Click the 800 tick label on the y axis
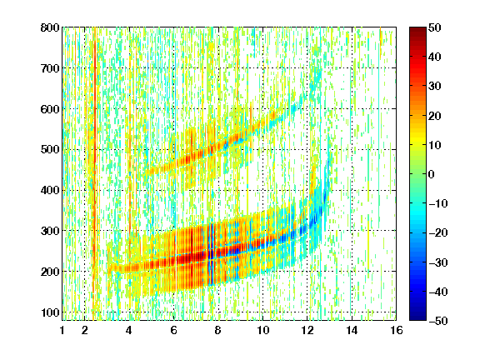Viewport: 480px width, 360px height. click(50, 27)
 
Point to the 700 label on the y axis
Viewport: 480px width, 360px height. click(50, 68)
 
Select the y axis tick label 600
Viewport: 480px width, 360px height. click(50, 109)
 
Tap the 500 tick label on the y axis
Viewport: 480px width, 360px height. click(50, 150)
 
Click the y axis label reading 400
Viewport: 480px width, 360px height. click(50, 190)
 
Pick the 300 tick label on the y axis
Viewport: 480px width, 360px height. click(50, 231)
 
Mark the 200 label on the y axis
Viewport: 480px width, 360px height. click(50, 272)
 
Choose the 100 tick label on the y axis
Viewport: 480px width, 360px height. click(50, 312)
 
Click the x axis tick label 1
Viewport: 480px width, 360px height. click(62, 330)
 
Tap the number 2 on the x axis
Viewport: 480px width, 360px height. click(85, 330)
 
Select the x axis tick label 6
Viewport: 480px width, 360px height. click(174, 330)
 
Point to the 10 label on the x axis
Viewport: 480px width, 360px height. click(263, 330)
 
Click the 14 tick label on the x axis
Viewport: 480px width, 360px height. click(352, 330)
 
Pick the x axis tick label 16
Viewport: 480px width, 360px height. click(397, 330)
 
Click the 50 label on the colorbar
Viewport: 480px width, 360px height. click(434, 27)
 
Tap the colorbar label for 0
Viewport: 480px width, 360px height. click(432, 174)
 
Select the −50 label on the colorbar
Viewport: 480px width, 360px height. click(437, 321)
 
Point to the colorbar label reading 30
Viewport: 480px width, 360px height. click(434, 87)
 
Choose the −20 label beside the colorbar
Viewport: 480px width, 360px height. click(437, 232)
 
